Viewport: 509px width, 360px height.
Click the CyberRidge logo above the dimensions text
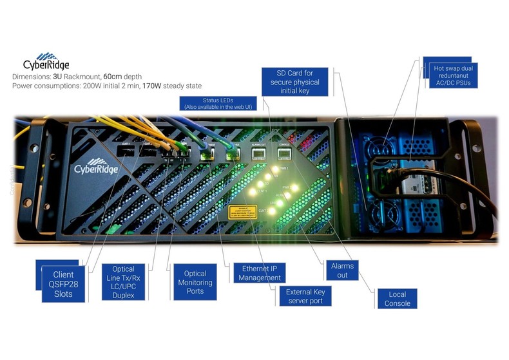(46, 61)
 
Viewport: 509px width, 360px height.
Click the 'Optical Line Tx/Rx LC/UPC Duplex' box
(123, 281)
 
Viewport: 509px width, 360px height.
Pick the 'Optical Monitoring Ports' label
(195, 282)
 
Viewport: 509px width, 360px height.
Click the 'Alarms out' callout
(342, 270)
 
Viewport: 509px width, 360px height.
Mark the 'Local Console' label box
(397, 298)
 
